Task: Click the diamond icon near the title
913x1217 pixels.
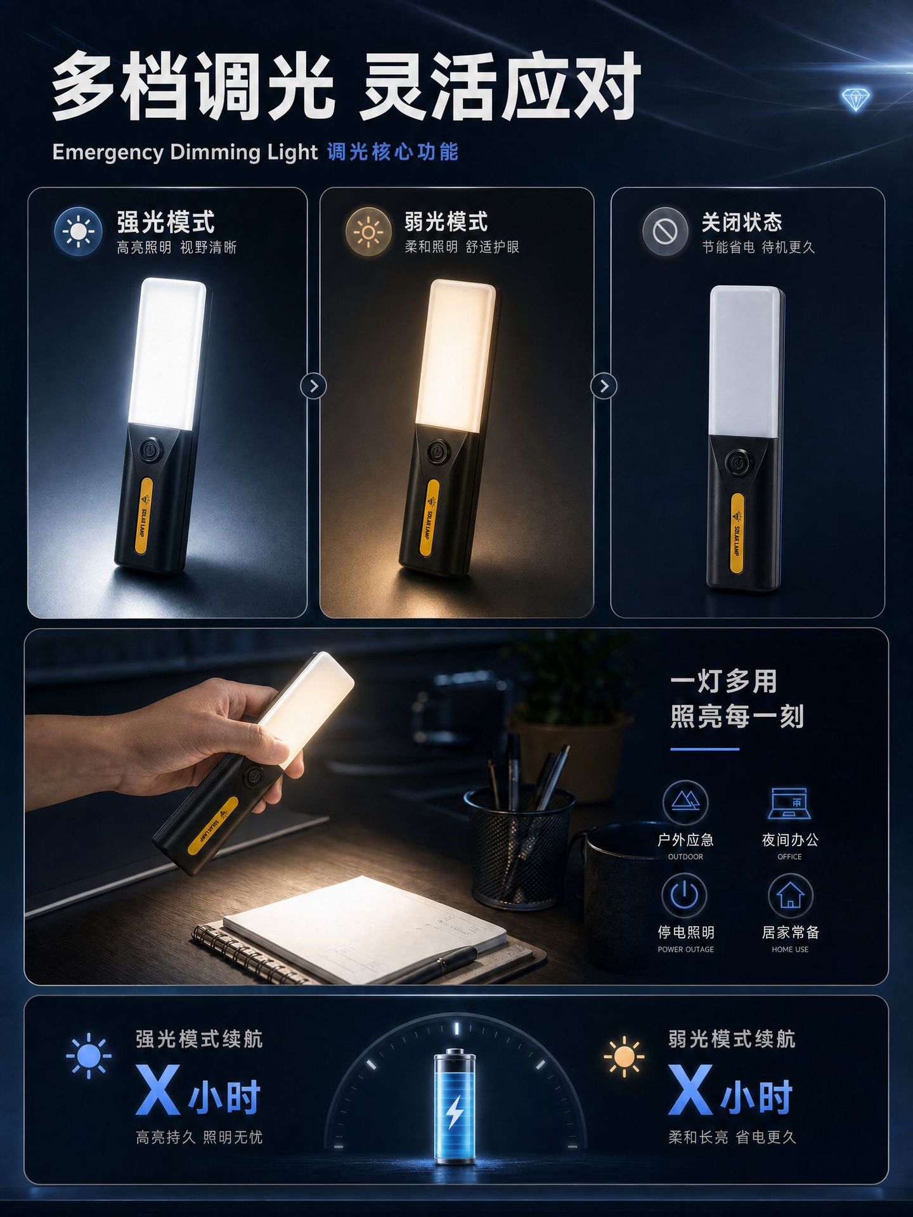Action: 855,100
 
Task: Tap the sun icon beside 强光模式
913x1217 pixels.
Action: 78,231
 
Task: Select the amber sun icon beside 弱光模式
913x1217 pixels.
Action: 368,232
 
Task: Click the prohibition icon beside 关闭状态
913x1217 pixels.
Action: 665,232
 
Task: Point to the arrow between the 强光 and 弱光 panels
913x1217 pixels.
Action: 313,386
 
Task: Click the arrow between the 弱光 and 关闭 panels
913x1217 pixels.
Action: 604,386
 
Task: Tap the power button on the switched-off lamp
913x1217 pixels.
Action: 739,463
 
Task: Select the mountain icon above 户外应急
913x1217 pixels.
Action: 685,802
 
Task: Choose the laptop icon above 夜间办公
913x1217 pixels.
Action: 789,803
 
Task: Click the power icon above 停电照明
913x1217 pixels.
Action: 685,895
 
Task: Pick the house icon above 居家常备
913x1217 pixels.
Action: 790,895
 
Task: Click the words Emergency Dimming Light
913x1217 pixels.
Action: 185,152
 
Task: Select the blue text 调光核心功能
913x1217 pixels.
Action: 393,152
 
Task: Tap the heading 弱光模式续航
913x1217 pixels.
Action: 732,1039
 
